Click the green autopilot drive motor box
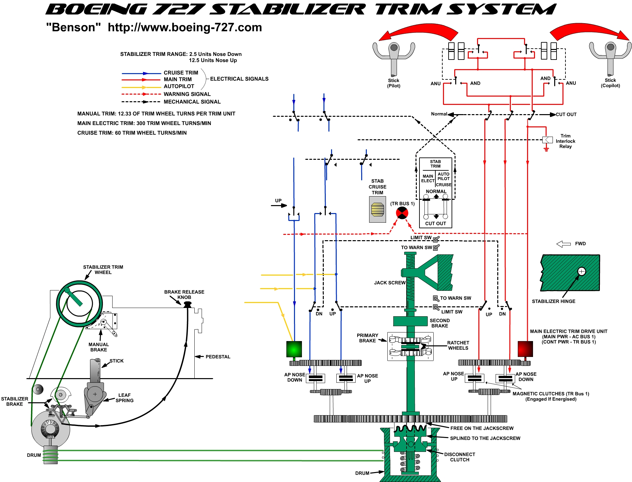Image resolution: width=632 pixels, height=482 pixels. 294,349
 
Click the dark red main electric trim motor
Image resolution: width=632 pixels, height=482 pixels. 525,349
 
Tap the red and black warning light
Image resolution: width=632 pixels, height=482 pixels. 402,213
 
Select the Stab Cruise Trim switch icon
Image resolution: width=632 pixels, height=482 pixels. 377,209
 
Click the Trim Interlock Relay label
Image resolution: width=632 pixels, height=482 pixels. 565,141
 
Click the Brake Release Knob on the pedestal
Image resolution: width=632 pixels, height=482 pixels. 187,304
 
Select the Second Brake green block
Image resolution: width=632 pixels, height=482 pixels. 410,321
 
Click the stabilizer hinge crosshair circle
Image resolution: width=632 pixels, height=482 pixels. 581,272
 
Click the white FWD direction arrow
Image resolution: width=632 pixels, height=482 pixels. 563,244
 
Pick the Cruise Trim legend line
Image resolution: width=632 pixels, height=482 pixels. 141,73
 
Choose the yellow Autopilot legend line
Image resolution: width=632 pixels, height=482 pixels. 141,87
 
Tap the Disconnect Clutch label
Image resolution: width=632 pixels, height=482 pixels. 460,457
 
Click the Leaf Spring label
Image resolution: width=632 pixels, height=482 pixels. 124,398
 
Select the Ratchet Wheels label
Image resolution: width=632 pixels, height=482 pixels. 458,345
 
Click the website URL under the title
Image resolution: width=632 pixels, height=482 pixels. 185,27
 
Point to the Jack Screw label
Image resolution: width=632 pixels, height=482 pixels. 390,283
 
